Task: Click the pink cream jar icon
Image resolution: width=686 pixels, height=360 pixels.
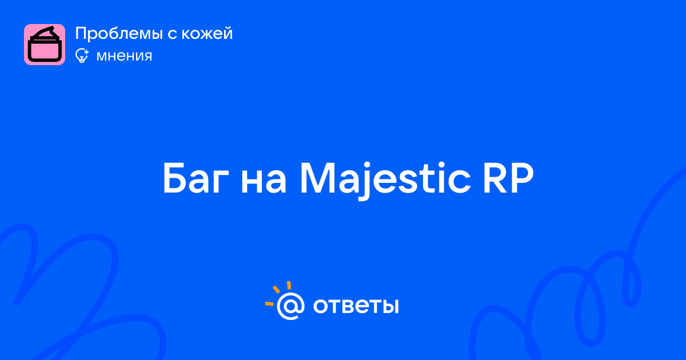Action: click(45, 45)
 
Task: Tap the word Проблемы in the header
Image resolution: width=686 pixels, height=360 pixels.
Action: click(119, 34)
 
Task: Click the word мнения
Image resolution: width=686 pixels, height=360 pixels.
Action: click(124, 57)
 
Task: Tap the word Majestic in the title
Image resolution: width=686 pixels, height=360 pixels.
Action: click(385, 181)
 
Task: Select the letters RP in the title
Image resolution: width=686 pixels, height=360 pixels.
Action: click(508, 178)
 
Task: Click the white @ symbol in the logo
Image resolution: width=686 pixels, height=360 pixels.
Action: click(290, 306)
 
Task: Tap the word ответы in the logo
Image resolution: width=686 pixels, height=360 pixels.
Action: click(356, 306)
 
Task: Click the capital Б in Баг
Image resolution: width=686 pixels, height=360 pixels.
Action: click(175, 178)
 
